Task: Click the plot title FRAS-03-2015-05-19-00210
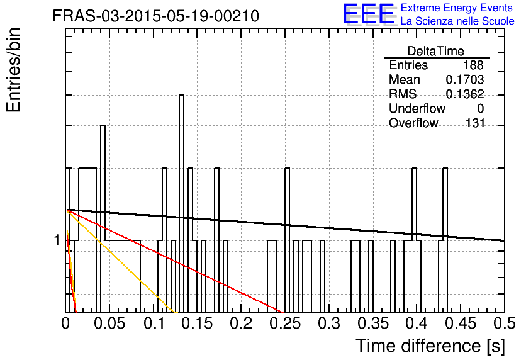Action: coord(156,16)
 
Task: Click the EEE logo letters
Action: coord(369,14)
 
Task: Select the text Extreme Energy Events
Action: coord(457,8)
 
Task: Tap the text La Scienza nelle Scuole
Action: coord(457,21)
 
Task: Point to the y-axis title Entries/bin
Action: coord(13,70)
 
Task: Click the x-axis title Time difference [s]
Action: coord(430,346)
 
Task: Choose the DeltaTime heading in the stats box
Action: coord(436,51)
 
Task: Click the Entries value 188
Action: coord(473,65)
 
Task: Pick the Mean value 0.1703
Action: coord(464,79)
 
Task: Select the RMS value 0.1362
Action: coord(464,94)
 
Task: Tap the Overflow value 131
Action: coord(475,123)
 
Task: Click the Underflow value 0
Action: coord(480,108)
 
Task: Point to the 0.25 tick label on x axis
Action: coord(285,323)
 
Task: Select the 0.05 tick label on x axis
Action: coord(109,323)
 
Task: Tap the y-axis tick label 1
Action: coord(57,240)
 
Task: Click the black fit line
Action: coord(286,225)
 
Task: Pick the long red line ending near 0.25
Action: coord(175,261)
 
